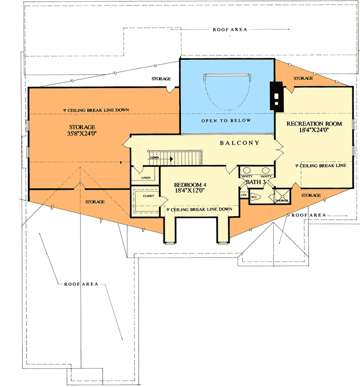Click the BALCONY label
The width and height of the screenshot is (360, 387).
tap(239, 143)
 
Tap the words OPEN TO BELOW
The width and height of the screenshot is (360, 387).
tap(226, 121)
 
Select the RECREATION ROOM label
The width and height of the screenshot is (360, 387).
tap(314, 124)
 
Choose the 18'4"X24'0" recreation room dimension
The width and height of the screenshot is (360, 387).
tap(314, 131)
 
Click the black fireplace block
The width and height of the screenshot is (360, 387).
tap(275, 97)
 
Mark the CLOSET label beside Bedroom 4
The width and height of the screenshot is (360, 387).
tap(148, 196)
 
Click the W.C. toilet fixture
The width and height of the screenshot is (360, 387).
tap(254, 196)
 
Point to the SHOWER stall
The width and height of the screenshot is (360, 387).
tap(283, 196)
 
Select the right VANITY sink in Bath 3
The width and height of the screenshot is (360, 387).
tap(266, 171)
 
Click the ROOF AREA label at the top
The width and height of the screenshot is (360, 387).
tap(229, 30)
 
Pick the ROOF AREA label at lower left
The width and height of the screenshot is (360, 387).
tap(81, 285)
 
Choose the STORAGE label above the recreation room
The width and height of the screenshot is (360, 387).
tap(303, 79)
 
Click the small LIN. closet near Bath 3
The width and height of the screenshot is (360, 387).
tap(243, 195)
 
